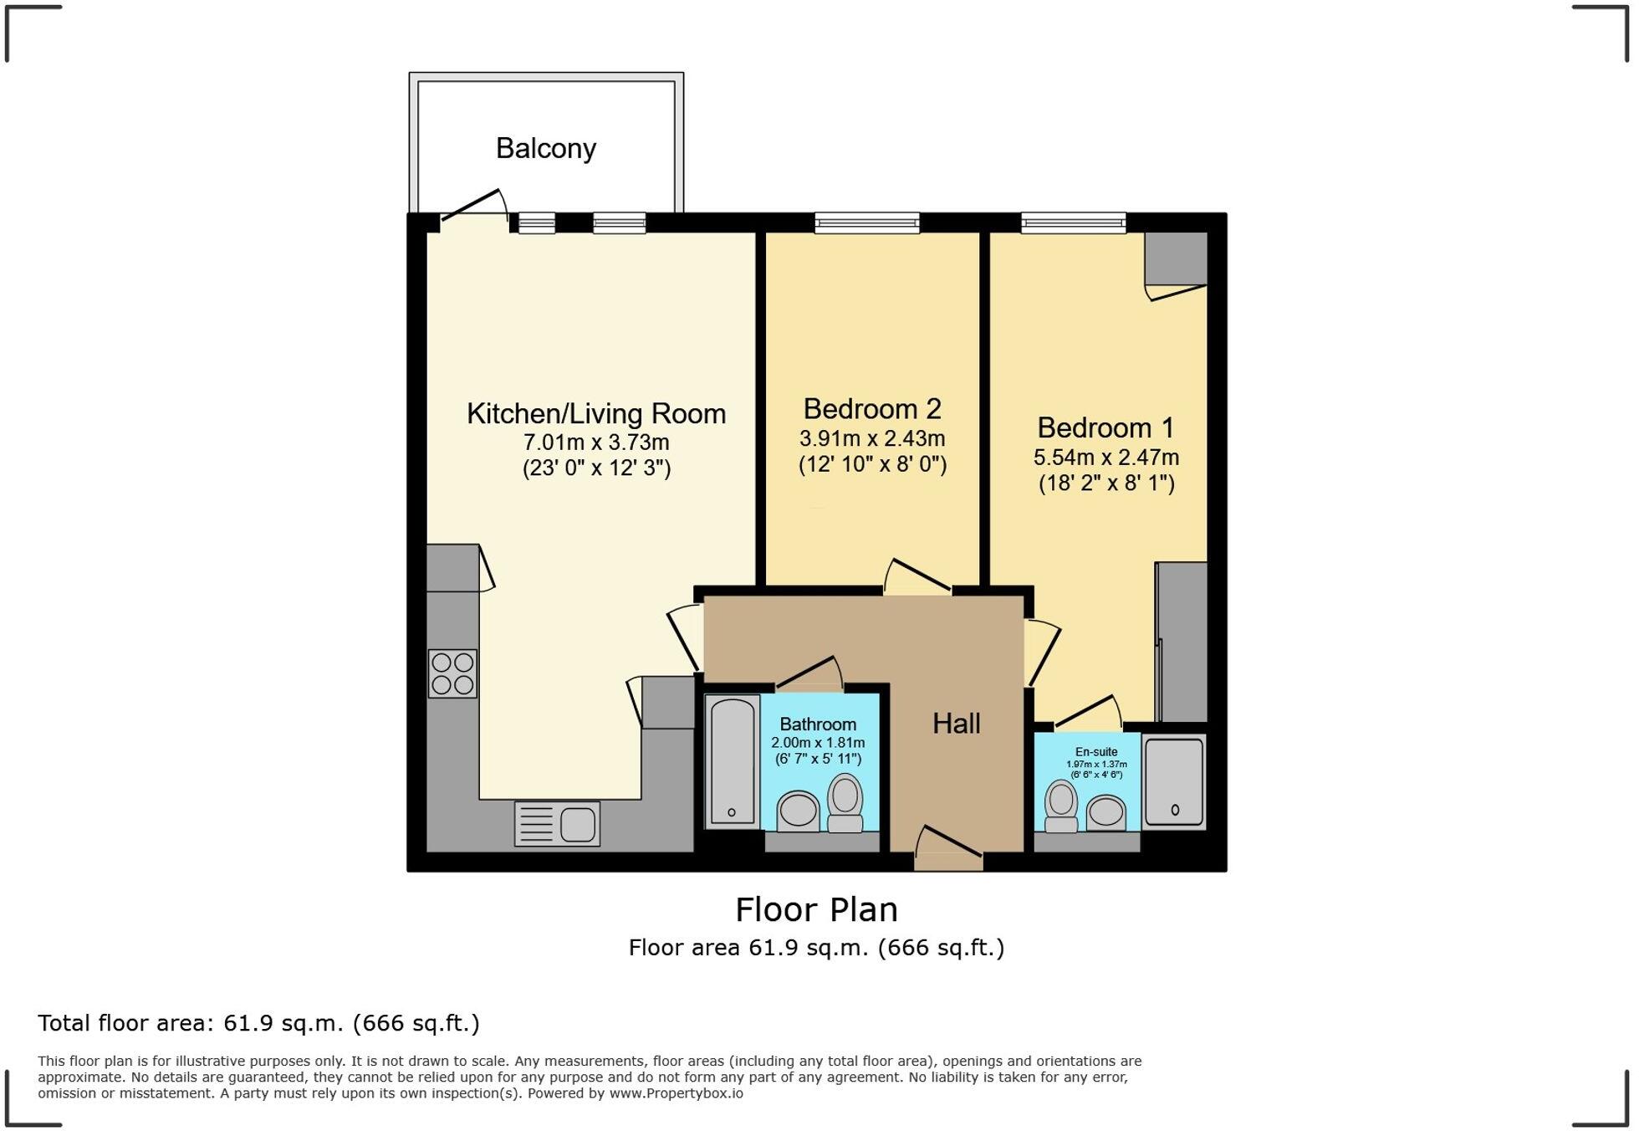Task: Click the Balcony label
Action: click(545, 148)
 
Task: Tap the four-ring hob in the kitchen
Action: click(452, 673)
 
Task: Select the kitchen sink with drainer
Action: click(557, 824)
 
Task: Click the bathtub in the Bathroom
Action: click(733, 761)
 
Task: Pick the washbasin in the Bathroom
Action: click(798, 811)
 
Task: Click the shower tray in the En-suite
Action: click(1174, 781)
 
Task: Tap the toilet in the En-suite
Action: click(1061, 806)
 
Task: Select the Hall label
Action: click(956, 724)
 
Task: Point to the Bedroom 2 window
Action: click(867, 223)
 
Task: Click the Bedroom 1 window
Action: click(1073, 223)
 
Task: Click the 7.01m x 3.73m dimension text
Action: click(596, 442)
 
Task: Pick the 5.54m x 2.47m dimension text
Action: click(1105, 458)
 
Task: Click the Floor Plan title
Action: click(816, 909)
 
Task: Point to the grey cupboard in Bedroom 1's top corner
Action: click(1175, 258)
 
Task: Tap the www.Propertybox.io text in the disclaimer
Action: click(676, 1093)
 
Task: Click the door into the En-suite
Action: click(1087, 712)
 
